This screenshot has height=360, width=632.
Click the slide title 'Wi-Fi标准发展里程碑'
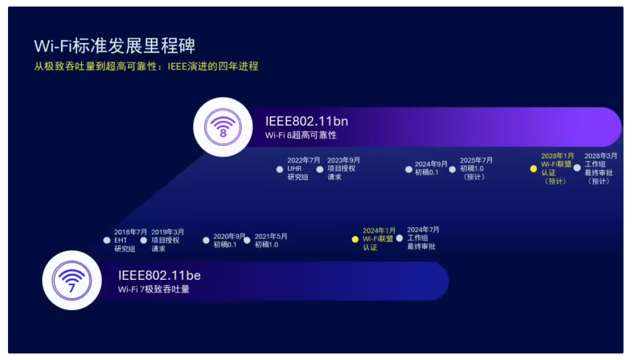pos(115,46)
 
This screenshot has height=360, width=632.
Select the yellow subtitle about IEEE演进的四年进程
pos(146,67)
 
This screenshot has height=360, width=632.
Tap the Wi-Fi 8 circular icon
pos(223,127)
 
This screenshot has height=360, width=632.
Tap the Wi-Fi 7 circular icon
pos(72,280)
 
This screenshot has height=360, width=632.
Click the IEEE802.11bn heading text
pos(307,121)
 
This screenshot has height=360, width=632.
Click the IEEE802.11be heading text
pos(160,275)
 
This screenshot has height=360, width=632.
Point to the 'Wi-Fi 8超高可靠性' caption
pos(301,135)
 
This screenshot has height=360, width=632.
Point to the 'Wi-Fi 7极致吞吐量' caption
pos(154,289)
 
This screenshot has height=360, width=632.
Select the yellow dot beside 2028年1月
pos(533,169)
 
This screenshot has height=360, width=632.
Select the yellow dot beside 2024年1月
pos(355,239)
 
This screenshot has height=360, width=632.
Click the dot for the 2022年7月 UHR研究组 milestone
pos(280,169)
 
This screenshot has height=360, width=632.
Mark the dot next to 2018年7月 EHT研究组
pos(107,240)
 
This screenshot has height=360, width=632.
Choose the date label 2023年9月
pos(343,160)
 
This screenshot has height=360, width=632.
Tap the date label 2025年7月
pos(476,160)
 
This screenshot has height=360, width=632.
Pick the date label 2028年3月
pos(600,156)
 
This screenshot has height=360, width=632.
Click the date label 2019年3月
pos(168,232)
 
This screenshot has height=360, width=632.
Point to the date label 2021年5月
pos(271,236)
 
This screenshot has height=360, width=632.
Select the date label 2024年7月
pos(423,230)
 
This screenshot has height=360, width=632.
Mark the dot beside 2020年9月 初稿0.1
pos(206,240)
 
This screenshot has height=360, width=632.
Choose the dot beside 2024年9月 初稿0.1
pos(408,169)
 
